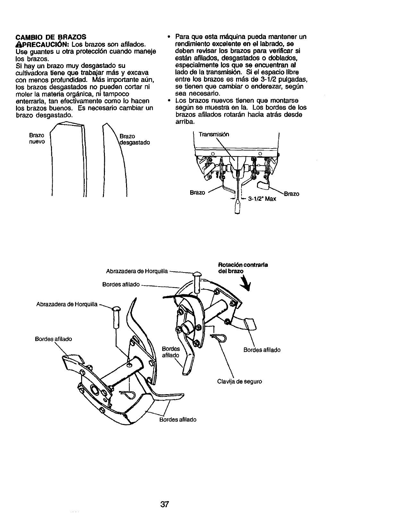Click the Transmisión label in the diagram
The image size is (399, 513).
click(214, 134)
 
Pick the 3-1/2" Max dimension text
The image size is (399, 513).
click(262, 199)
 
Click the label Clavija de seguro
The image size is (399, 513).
click(239, 381)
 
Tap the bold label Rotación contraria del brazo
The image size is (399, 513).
click(243, 268)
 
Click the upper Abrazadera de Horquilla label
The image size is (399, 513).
click(137, 271)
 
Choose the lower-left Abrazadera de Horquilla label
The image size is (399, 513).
click(67, 305)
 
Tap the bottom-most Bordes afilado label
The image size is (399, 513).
click(178, 419)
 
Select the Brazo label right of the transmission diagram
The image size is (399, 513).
click(292, 194)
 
